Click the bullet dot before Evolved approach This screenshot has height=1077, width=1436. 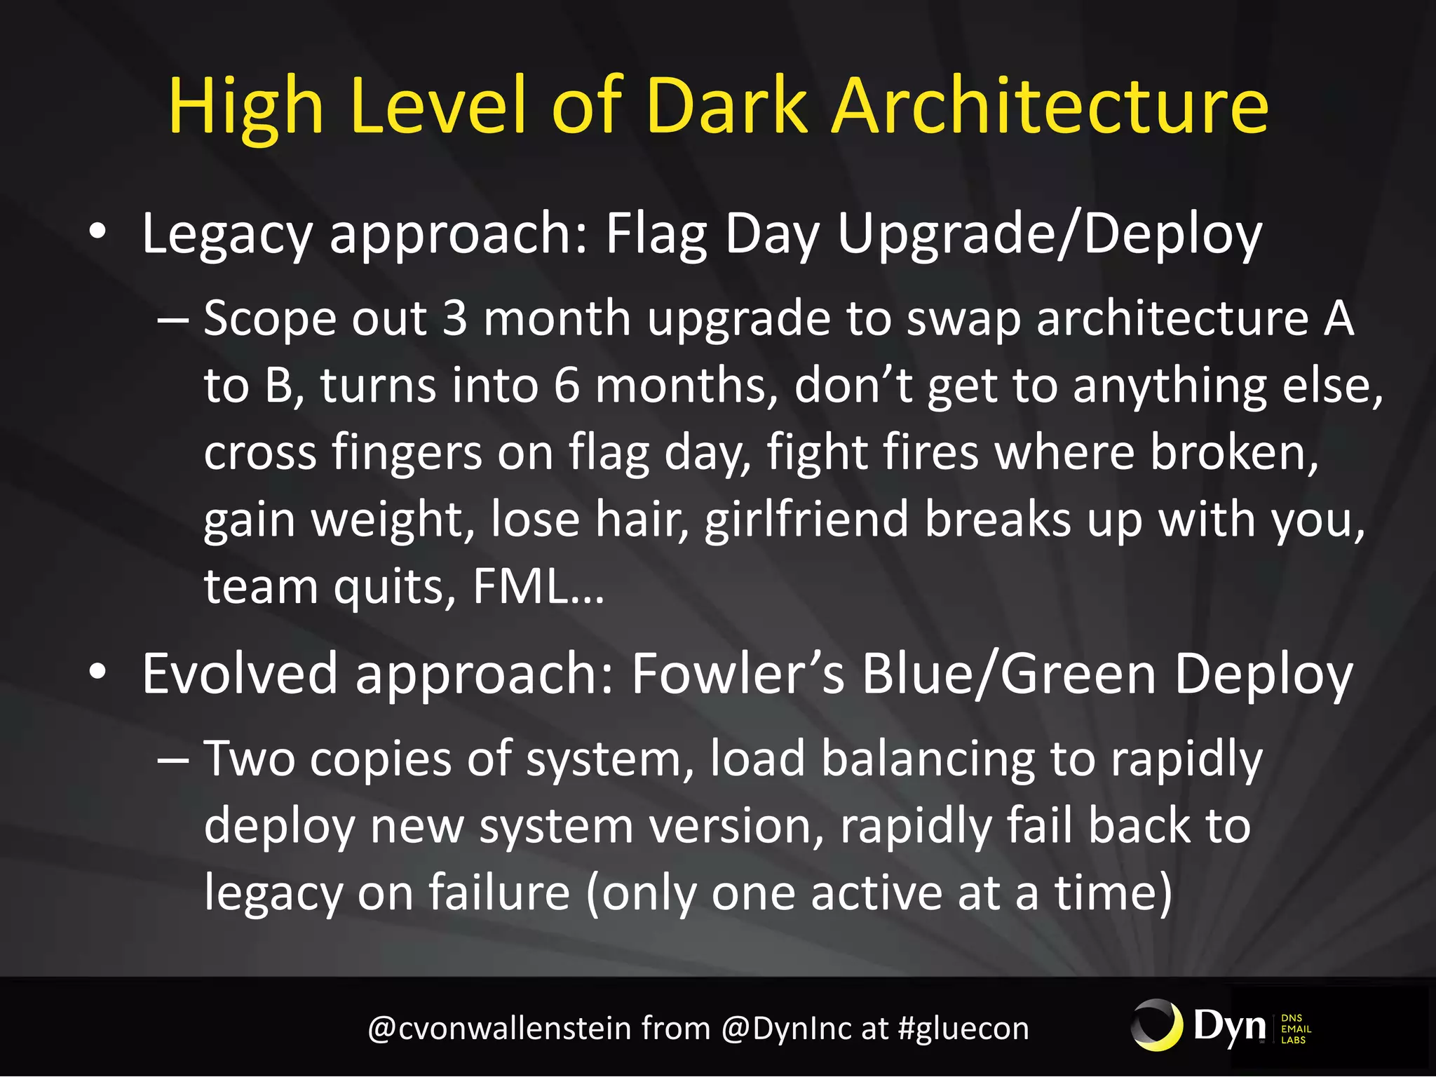pyautogui.click(x=97, y=672)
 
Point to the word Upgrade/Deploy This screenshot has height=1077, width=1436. pyautogui.click(x=1049, y=235)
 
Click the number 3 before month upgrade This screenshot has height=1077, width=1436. pyautogui.click(x=455, y=318)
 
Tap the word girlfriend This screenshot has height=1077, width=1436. pyautogui.click(x=806, y=520)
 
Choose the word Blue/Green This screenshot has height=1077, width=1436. pyautogui.click(x=1008, y=673)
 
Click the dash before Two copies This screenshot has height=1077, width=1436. pyautogui.click(x=173, y=759)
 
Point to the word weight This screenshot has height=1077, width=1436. pyautogui.click(x=388, y=520)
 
